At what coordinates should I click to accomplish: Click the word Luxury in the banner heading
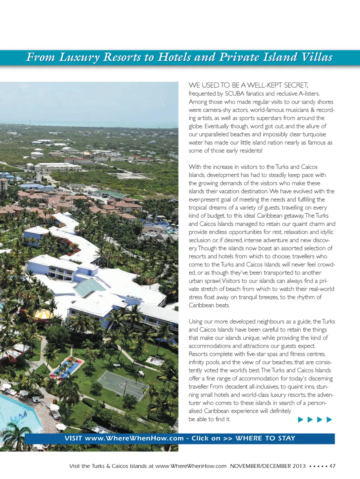tap(79, 57)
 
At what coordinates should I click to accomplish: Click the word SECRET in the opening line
tap(296, 85)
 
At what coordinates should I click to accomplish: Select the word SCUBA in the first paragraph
tap(234, 94)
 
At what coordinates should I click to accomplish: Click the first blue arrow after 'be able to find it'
tap(300, 419)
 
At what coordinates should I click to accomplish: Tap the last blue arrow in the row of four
tap(329, 419)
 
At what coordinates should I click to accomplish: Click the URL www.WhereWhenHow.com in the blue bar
tap(134, 438)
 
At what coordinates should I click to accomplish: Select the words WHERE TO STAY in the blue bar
tap(265, 438)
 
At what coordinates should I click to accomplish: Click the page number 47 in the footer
tap(332, 466)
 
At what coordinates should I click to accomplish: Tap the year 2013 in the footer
tap(299, 466)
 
